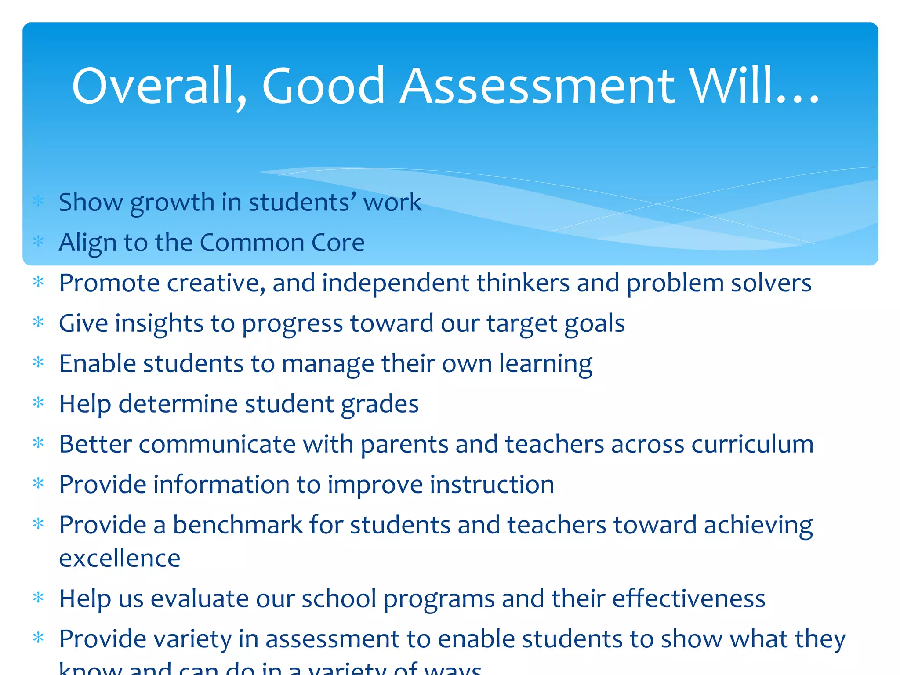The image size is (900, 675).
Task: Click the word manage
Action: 327,364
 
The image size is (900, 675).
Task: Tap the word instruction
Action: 492,485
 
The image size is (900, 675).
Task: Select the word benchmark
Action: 237,525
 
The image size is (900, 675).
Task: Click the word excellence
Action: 120,559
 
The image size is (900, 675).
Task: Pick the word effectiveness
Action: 688,599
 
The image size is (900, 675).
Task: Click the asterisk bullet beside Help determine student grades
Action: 39,403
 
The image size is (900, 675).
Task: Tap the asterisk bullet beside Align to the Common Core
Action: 39,241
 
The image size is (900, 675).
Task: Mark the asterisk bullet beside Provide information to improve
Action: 39,484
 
